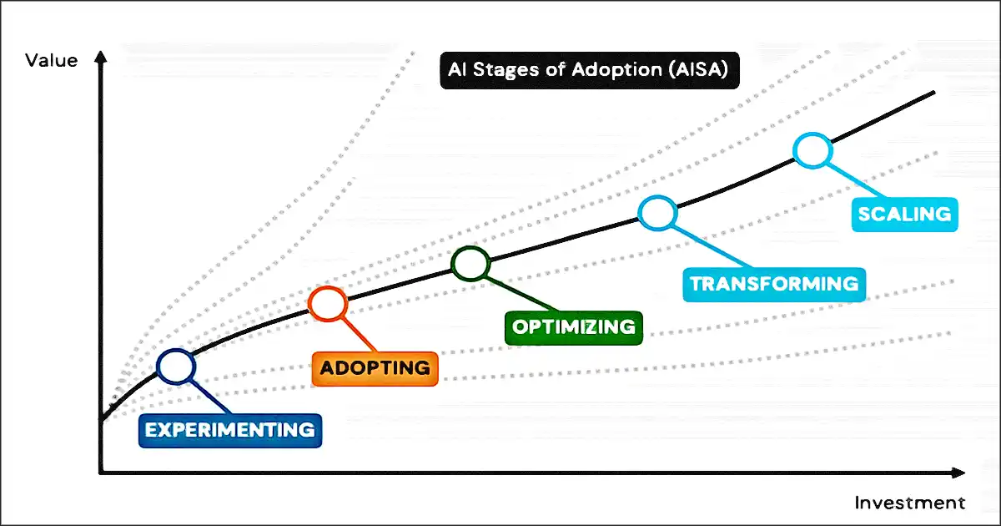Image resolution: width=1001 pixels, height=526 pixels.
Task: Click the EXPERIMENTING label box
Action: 229,430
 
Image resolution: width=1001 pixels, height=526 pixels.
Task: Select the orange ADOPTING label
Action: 375,367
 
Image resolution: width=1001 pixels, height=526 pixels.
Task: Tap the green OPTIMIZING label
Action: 574,326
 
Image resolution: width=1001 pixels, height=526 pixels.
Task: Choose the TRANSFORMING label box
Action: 773,284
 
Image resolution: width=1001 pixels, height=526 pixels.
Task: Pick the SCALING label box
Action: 904,214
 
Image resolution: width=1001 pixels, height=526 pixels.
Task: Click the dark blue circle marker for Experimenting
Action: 176,366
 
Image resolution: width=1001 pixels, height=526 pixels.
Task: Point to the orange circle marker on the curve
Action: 327,303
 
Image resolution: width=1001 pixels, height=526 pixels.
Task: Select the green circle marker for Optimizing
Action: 470,264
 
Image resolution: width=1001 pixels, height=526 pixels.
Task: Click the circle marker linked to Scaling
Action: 812,150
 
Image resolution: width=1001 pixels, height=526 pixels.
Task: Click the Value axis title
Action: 52,60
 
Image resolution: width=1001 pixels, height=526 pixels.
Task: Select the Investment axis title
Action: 909,503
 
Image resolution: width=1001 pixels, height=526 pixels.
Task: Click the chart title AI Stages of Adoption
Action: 588,70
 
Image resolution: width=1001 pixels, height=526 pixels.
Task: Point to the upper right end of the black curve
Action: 933,93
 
